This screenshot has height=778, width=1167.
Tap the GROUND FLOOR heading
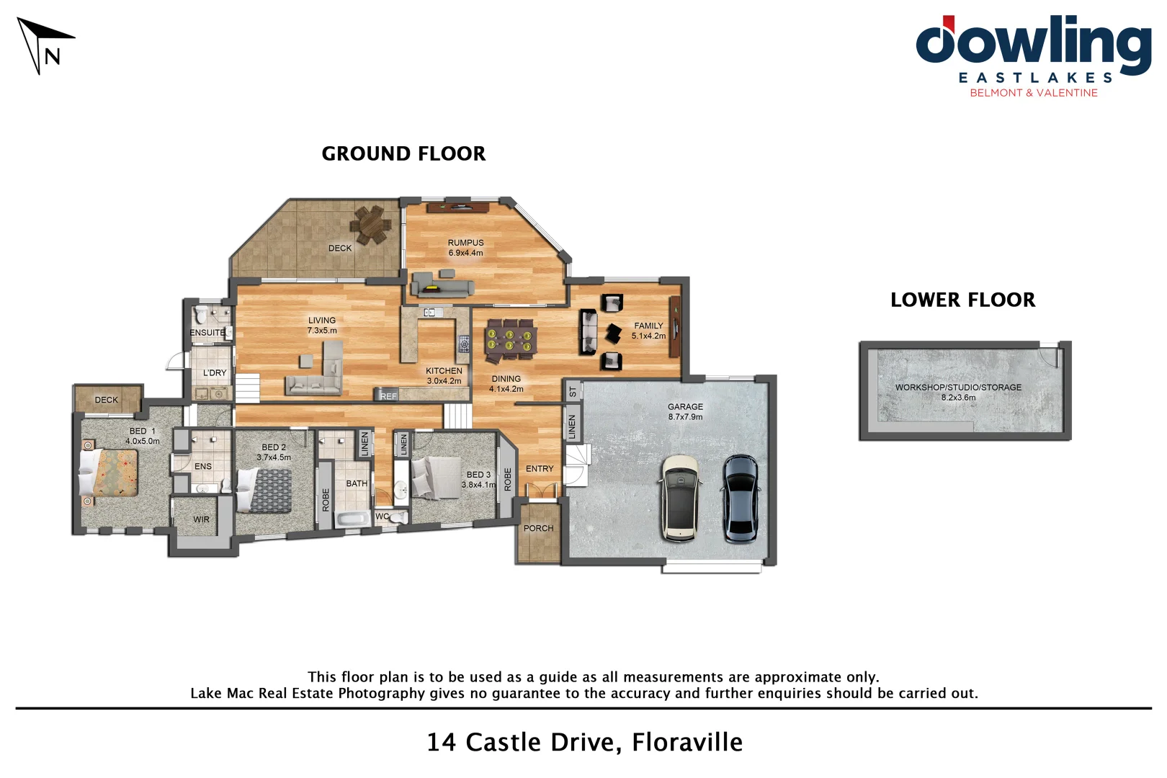click(x=403, y=153)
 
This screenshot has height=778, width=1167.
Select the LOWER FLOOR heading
click(x=962, y=300)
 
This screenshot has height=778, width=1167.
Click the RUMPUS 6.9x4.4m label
click(x=465, y=248)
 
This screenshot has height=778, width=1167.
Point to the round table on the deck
click(x=372, y=224)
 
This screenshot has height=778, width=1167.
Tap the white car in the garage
click(x=680, y=498)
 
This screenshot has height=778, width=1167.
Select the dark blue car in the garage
click(x=741, y=498)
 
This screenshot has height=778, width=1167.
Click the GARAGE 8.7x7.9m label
click(x=685, y=411)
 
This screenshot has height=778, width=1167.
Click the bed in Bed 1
click(x=108, y=473)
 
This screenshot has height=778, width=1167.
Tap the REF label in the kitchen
click(x=388, y=396)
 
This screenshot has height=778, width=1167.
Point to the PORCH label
click(x=539, y=528)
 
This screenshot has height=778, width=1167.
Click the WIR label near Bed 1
click(x=202, y=519)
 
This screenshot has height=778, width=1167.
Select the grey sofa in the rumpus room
click(x=442, y=285)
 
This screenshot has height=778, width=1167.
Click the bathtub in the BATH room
click(x=352, y=518)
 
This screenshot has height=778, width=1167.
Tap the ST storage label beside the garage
click(x=573, y=392)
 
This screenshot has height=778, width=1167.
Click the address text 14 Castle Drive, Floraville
click(x=584, y=742)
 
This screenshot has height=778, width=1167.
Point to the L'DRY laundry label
click(x=215, y=372)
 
